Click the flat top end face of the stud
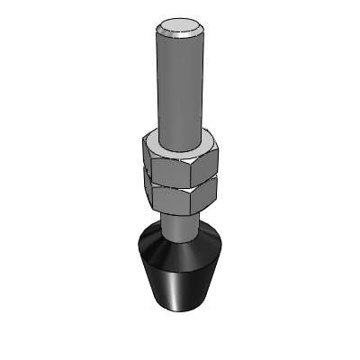click(181, 26)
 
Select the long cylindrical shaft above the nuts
click(180, 85)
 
